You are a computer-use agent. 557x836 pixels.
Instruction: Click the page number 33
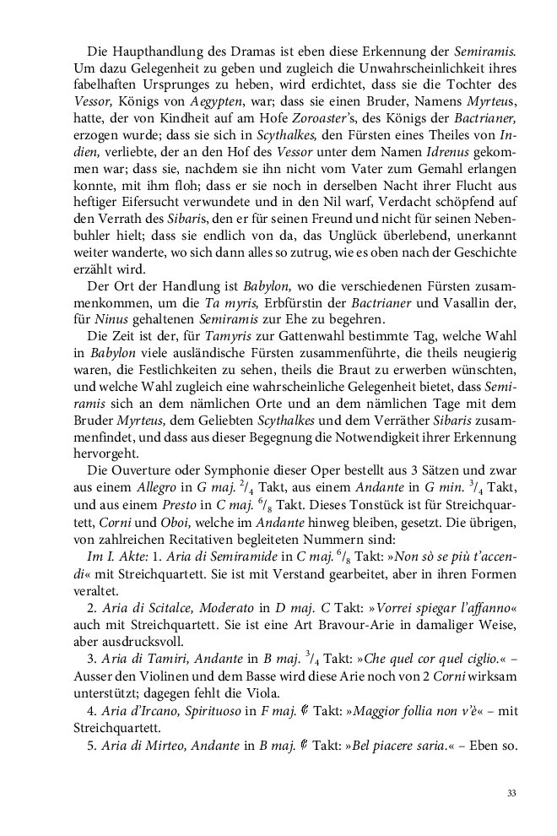pyautogui.click(x=512, y=794)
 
